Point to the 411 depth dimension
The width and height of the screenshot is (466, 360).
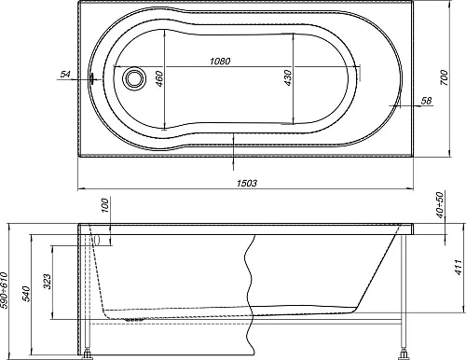(457, 271)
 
